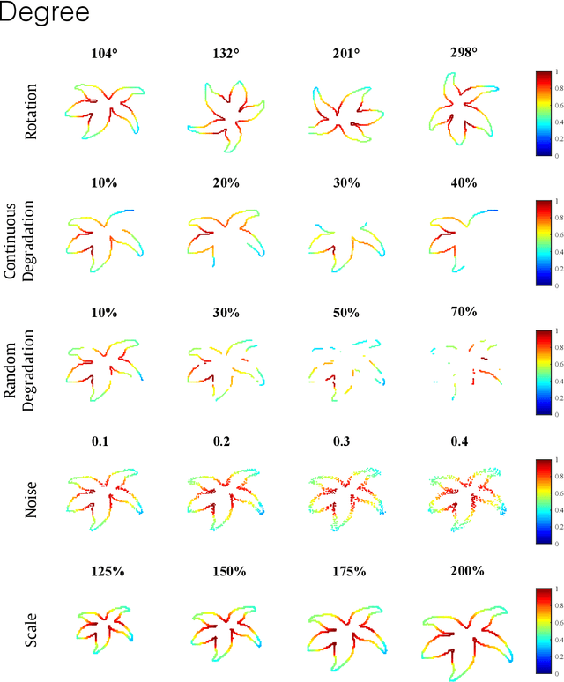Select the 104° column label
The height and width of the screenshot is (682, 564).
(106, 53)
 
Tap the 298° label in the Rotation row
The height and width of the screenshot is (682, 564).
(462, 53)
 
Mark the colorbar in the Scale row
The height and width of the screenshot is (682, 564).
(545, 628)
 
